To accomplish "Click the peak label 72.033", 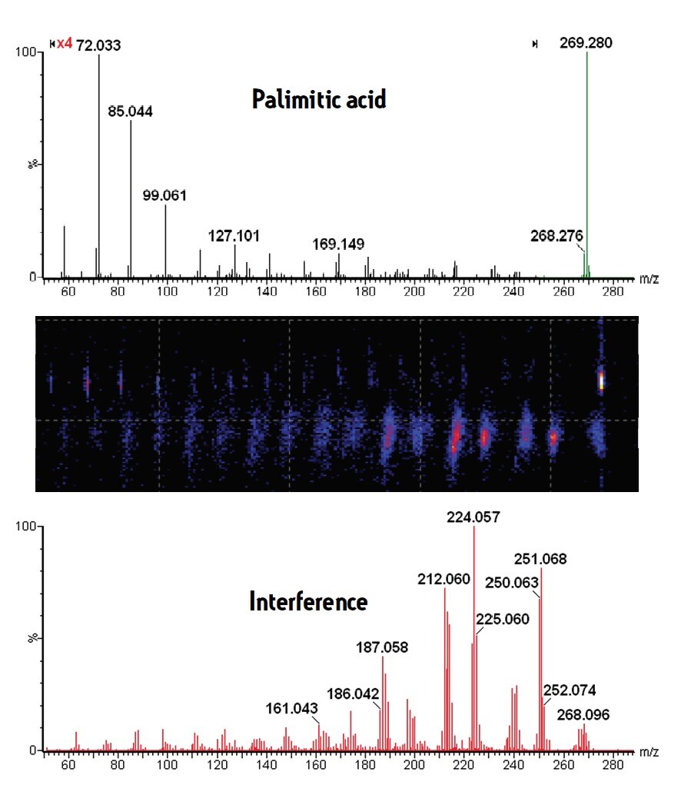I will click(x=98, y=45).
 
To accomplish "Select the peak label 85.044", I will click(x=130, y=111).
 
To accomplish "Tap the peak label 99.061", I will click(x=164, y=195).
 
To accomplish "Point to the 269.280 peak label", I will click(x=586, y=44).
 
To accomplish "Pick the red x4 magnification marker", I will click(x=65, y=45).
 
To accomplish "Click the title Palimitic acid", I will click(x=319, y=99).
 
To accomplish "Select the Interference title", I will click(x=308, y=601).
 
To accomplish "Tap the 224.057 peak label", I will click(x=473, y=517).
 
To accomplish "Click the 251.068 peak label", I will click(x=540, y=559).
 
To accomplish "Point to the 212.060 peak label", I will click(x=443, y=578).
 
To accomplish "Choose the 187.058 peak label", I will click(x=383, y=647).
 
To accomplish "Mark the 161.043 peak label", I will click(x=292, y=708).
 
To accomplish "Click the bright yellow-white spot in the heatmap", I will click(x=601, y=381).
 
